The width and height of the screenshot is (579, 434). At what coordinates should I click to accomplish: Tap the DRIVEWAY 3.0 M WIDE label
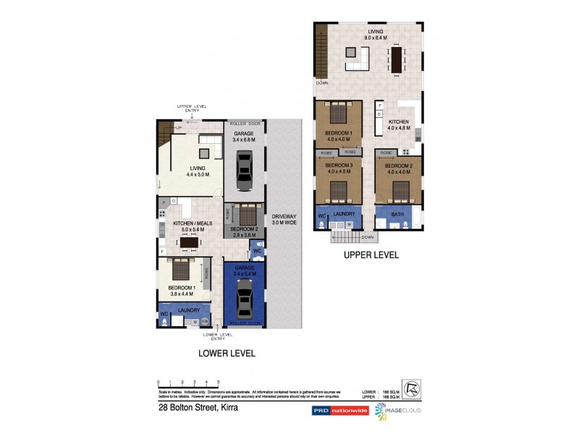point(283,220)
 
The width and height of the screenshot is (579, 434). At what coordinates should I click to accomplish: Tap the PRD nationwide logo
point(339,410)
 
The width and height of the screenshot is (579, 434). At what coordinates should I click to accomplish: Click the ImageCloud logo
point(398,410)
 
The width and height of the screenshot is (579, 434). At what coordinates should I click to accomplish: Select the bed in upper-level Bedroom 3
point(338,191)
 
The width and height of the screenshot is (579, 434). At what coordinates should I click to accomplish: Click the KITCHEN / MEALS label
point(192,226)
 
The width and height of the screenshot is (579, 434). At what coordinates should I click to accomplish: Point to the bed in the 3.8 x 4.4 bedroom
point(179,271)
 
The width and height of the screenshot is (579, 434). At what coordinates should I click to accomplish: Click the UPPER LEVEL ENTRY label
point(191,109)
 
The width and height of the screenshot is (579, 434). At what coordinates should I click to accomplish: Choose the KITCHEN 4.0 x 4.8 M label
point(399,124)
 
